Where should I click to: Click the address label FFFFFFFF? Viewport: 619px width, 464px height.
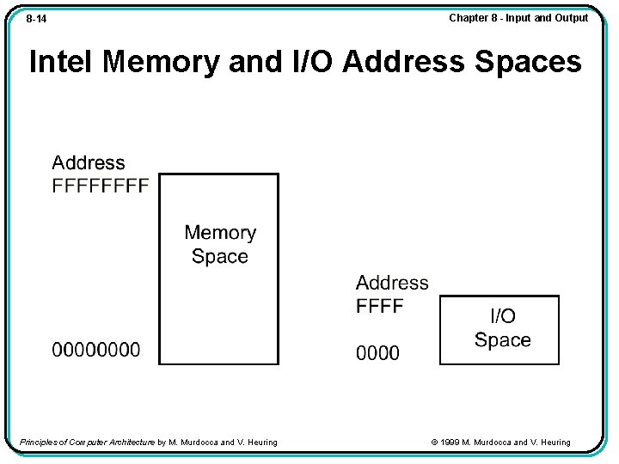pyautogui.click(x=101, y=186)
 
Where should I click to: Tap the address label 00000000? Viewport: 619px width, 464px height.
pyautogui.click(x=96, y=350)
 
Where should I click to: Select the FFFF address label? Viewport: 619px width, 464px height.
pyautogui.click(x=380, y=307)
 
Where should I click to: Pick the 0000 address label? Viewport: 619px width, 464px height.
pyautogui.click(x=378, y=353)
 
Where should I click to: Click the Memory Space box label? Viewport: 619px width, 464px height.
pyautogui.click(x=220, y=244)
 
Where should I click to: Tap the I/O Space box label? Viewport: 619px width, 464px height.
pyautogui.click(x=503, y=328)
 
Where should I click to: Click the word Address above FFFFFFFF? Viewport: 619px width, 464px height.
pyautogui.click(x=89, y=163)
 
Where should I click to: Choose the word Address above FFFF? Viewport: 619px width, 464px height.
pyautogui.click(x=392, y=283)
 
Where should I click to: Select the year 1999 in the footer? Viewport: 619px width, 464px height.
pyautogui.click(x=450, y=443)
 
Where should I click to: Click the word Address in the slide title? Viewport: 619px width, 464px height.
pyautogui.click(x=401, y=62)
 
